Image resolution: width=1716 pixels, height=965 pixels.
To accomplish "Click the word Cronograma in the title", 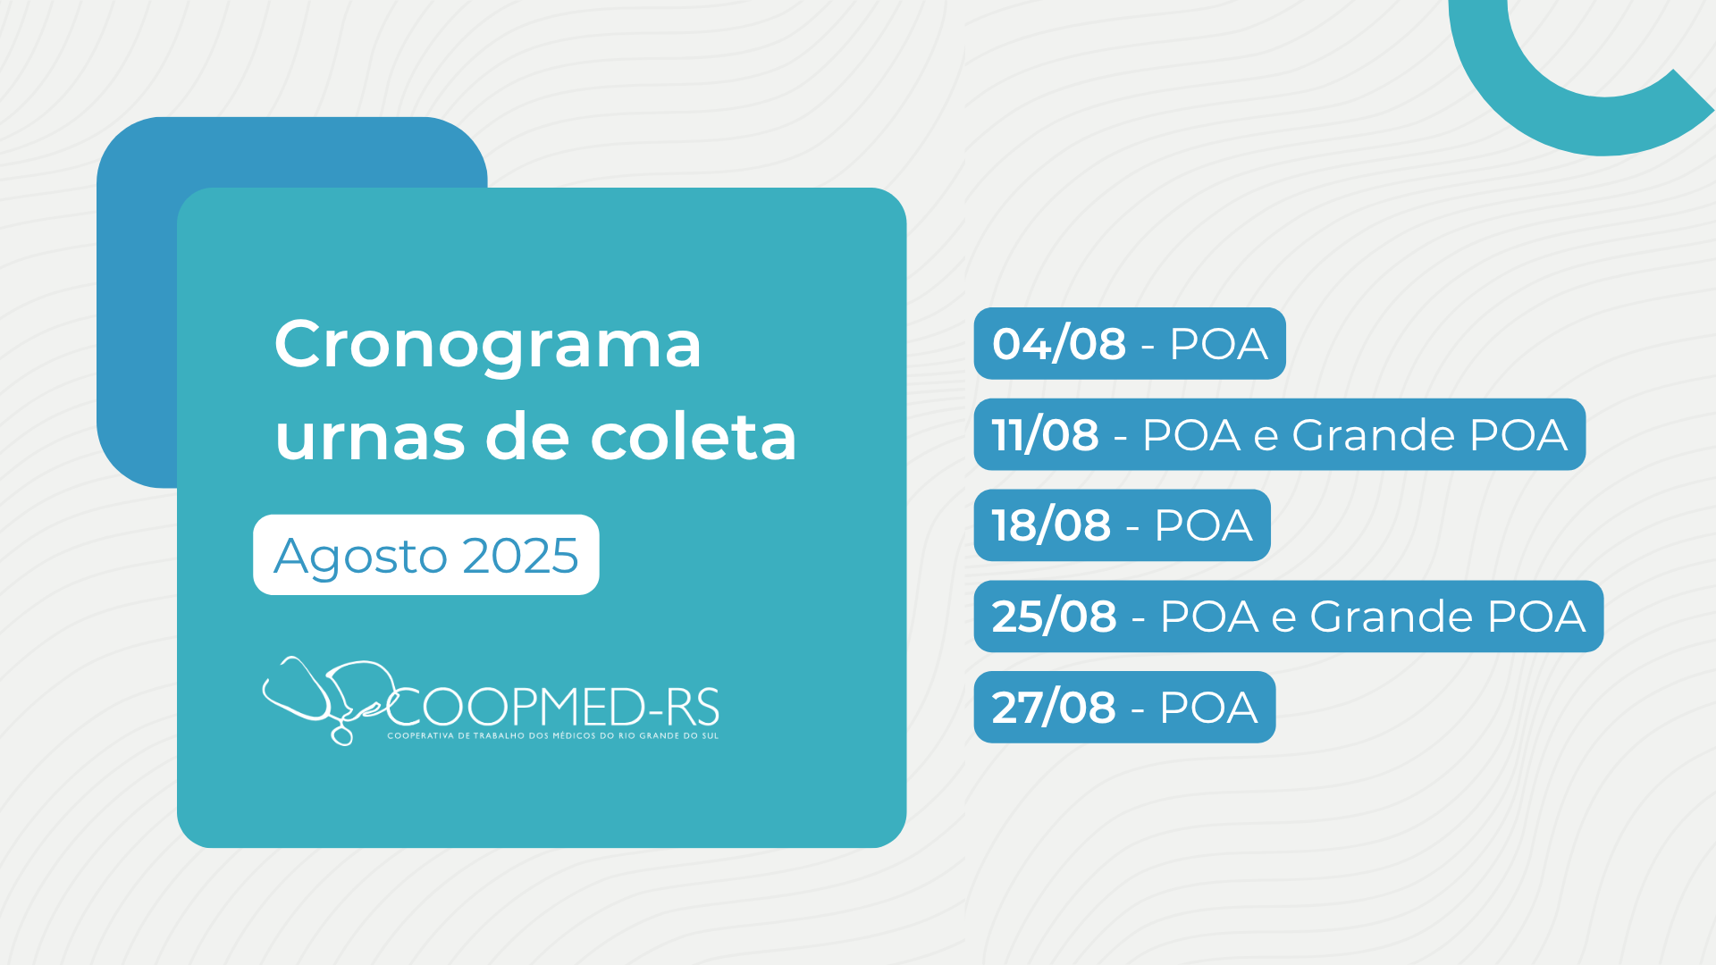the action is click(x=488, y=345).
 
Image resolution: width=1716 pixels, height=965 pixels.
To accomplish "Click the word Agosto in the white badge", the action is click(x=360, y=558).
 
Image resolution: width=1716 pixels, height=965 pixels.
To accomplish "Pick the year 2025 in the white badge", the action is click(x=521, y=556).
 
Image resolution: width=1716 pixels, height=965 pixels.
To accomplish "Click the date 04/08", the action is click(x=1059, y=344).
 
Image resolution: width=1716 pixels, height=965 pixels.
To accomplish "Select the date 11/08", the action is click(x=1046, y=435).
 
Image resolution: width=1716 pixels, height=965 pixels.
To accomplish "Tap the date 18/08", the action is click(x=1052, y=525).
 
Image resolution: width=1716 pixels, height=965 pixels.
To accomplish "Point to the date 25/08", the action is click(x=1055, y=617).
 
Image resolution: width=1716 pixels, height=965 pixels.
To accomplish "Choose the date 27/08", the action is click(x=1054, y=708).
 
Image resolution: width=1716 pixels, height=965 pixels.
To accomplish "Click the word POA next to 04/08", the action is click(x=1219, y=344).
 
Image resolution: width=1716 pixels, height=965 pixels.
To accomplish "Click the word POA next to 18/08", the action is click(x=1204, y=525).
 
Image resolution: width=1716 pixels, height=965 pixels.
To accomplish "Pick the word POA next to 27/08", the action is click(x=1209, y=708).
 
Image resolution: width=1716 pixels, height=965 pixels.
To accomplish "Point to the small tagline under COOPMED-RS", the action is click(x=553, y=736).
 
